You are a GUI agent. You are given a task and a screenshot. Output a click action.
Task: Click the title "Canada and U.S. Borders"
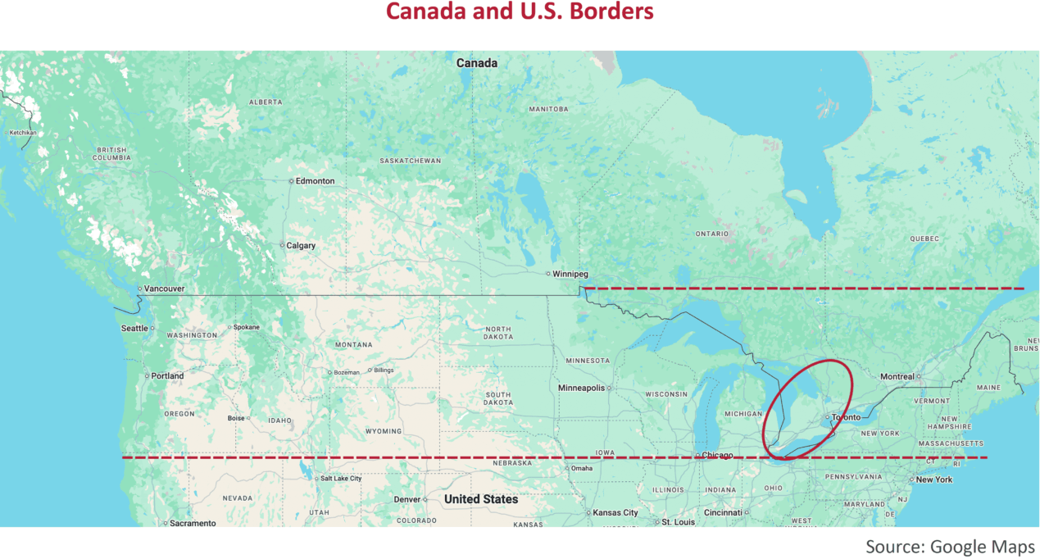click(520, 12)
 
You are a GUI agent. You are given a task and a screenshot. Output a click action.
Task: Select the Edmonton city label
click(315, 181)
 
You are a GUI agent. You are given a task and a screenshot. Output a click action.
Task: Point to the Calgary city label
click(300, 245)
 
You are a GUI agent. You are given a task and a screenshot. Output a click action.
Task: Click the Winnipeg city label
click(570, 274)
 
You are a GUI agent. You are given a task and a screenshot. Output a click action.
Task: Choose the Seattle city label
click(135, 328)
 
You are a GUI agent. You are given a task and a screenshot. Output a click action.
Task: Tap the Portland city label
click(167, 376)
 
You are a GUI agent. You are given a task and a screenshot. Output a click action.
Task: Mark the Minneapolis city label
click(581, 388)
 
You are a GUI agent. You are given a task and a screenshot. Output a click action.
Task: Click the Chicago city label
click(717, 456)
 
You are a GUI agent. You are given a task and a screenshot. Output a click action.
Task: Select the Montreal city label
click(897, 377)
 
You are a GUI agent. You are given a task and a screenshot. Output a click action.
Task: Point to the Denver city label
click(406, 499)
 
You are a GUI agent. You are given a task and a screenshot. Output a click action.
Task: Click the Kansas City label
click(615, 513)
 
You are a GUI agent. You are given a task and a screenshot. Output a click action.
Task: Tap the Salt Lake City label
click(340, 478)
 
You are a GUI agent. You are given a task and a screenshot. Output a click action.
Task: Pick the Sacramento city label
click(193, 523)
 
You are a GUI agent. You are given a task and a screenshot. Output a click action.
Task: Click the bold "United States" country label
click(481, 499)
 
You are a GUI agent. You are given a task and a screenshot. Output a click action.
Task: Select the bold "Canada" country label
click(477, 63)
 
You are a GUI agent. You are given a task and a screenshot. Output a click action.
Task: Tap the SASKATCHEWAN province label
click(410, 161)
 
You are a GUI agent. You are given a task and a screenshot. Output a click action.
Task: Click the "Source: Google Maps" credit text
click(950, 547)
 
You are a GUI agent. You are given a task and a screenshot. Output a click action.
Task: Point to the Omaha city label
click(582, 469)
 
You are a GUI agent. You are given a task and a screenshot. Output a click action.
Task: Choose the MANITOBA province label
click(548, 109)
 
